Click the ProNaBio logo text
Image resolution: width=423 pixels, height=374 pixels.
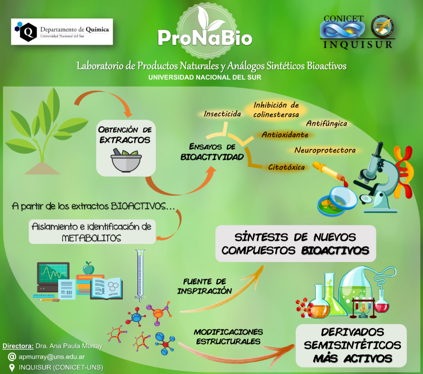(x=205, y=38)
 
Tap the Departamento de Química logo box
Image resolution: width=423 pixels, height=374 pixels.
(x=62, y=32)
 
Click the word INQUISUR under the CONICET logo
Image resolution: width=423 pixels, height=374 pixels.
(x=358, y=45)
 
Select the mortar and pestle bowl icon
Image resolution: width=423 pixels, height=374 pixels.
(x=126, y=160)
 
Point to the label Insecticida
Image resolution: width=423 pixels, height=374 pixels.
(x=223, y=114)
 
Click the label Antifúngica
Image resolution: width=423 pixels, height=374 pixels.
(x=326, y=124)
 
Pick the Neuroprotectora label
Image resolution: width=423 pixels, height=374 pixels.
(x=325, y=150)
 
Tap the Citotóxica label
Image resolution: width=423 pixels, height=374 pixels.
(x=286, y=167)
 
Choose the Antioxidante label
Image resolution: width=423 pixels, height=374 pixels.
(x=285, y=135)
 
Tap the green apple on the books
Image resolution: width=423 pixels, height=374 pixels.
(x=88, y=268)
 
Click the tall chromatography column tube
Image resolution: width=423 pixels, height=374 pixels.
(x=140, y=275)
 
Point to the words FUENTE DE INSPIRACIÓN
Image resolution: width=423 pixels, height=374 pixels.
(x=204, y=286)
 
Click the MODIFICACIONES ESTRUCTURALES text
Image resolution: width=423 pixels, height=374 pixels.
(x=228, y=336)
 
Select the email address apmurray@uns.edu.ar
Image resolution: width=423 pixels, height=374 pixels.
(x=52, y=357)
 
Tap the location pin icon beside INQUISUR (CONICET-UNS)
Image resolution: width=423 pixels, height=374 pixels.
(x=12, y=368)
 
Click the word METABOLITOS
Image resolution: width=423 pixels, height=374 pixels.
(x=91, y=238)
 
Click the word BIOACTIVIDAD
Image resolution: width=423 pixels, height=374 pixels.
(x=212, y=157)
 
